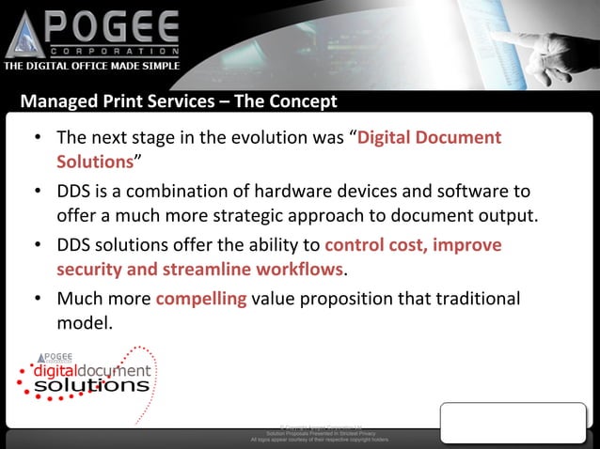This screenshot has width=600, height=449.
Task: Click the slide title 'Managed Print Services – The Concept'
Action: [x=178, y=101]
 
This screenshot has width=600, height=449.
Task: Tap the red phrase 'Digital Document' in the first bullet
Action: [x=430, y=138]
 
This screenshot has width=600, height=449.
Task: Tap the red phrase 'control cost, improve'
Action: [x=413, y=245]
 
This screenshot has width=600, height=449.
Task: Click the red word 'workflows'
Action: [x=294, y=271]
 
